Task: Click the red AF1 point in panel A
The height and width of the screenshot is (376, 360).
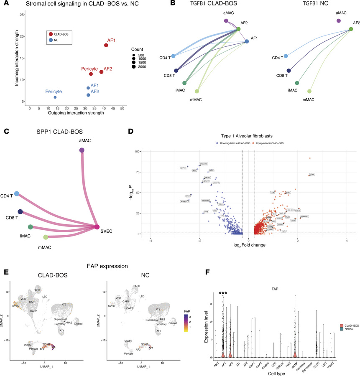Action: coord(106,46)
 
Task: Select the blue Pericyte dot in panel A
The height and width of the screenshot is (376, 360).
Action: coord(55,97)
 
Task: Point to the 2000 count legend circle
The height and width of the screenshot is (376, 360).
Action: coord(133,66)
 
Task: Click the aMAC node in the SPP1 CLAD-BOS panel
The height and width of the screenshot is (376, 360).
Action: coord(82,150)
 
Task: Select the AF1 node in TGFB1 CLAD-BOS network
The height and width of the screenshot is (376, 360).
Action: coord(247,41)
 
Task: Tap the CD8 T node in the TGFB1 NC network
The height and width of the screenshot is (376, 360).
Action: coord(289,71)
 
